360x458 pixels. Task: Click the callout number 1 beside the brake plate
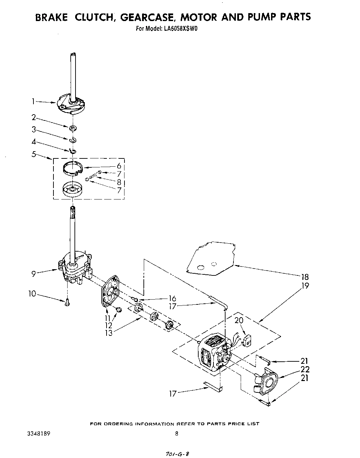33,101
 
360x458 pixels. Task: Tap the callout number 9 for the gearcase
33,274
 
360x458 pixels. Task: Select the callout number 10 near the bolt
32,294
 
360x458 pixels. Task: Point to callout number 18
304,277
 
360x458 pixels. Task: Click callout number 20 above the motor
239,320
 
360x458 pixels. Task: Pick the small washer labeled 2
73,129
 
